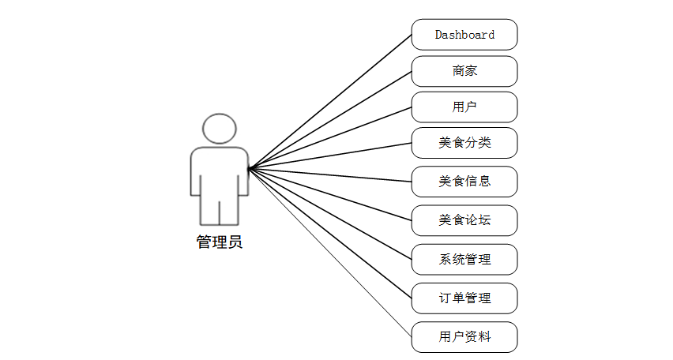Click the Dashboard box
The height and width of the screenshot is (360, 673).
click(464, 35)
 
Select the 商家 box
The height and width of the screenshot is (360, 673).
click(464, 71)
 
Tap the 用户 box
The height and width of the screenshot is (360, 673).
click(464, 107)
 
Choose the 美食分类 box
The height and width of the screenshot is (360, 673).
click(464, 143)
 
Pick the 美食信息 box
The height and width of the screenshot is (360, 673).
click(464, 181)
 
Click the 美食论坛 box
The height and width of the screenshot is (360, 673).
click(464, 219)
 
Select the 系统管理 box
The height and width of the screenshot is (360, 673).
click(464, 259)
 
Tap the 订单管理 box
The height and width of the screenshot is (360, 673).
click(464, 298)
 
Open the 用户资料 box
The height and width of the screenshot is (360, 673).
click(464, 336)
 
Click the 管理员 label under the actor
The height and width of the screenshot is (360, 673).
click(219, 242)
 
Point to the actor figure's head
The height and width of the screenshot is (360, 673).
click(219, 129)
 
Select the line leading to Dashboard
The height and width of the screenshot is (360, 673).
click(330, 102)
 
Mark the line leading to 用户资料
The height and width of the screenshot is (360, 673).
click(330, 253)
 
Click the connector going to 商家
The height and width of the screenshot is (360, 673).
click(330, 120)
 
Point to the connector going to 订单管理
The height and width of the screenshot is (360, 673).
click(330, 234)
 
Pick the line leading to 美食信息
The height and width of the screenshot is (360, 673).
click(330, 174)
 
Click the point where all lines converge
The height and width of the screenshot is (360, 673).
click(250, 168)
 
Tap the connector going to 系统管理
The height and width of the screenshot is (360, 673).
click(330, 214)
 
